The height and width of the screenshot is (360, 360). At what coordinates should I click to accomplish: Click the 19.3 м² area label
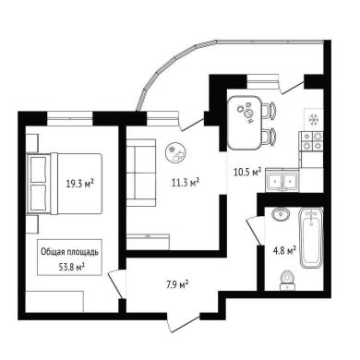pos(80,184)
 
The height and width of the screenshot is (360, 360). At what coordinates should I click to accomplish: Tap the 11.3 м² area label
pos(186,182)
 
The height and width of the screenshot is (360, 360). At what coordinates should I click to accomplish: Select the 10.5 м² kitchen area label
pos(247,173)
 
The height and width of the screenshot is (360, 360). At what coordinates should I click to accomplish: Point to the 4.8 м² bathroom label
pos(284,250)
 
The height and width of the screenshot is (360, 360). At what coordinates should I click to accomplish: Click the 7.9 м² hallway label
pos(177,285)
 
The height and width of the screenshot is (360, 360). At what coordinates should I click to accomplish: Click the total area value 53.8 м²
pos(72,267)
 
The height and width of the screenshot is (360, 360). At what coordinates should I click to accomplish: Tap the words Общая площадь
pos(69,252)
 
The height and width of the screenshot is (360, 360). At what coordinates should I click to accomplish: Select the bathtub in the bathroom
pos(312,238)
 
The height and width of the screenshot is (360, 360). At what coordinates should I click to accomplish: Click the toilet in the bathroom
pos(288,281)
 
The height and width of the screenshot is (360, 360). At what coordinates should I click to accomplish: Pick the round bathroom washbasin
pos(281,214)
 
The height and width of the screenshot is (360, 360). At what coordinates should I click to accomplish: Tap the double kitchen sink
pos(282,182)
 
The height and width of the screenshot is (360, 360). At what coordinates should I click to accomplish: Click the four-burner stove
pos(312,141)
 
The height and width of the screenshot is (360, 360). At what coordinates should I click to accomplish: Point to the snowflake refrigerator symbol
pos(314,118)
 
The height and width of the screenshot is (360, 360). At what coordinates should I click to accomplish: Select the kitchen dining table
pos(245,123)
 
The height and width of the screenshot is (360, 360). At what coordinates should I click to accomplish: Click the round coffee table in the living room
pos(175,151)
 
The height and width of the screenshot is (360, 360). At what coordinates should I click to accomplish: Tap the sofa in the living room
pos(141,173)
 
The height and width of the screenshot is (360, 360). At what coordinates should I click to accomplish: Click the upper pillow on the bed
pos(39,169)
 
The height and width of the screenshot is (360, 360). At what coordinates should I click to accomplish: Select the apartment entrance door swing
pos(184,323)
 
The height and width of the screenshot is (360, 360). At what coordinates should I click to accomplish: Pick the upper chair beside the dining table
pos(269,110)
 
